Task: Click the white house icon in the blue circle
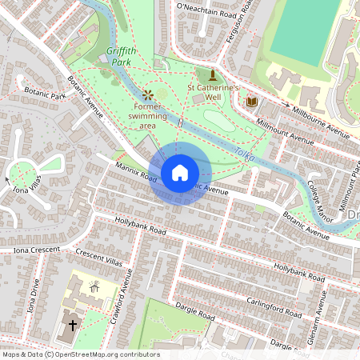point(180,172)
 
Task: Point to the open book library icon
point(252,102)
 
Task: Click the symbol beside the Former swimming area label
point(147,94)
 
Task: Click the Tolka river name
point(243,154)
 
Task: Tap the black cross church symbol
point(72,326)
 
